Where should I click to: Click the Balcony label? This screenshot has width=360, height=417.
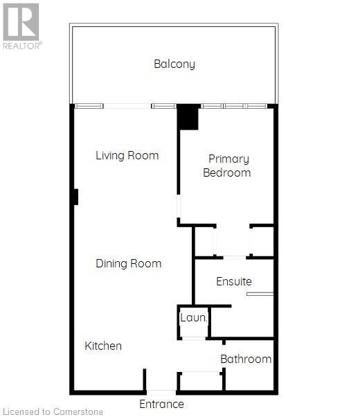tap(174, 64)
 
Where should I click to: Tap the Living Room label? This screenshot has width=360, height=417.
tap(127, 155)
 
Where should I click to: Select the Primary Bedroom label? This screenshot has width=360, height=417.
tap(226, 166)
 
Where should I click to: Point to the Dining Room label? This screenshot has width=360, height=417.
tap(128, 263)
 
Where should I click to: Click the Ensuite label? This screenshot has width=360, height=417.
tap(233, 282)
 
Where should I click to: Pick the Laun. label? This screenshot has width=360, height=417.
tap(194, 318)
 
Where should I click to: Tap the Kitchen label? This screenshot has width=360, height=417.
tap(103, 346)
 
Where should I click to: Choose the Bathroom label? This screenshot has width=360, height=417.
tap(246, 359)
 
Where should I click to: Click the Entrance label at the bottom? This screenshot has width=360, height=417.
tap(161, 404)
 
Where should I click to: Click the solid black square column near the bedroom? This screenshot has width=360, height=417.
tap(188, 117)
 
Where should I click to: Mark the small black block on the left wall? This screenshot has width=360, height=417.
tap(75, 197)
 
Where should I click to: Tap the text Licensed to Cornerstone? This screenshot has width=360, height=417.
tap(52, 412)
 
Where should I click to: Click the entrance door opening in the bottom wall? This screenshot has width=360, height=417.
tap(161, 391)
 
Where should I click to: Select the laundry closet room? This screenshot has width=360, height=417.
tap(194, 322)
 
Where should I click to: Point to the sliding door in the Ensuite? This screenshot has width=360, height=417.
tap(260, 294)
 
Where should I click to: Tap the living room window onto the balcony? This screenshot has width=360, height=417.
tap(125, 106)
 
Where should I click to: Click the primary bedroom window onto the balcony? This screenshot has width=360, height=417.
tap(234, 106)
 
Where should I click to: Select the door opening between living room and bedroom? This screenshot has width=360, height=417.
tap(179, 206)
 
